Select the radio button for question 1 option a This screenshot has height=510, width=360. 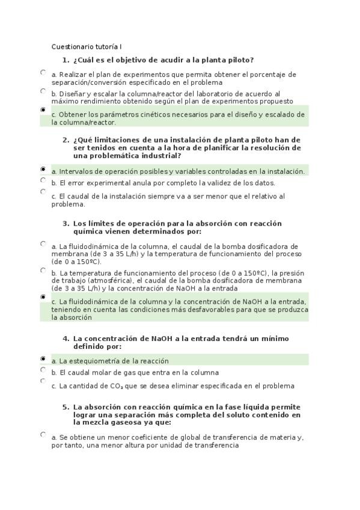coord(43,72)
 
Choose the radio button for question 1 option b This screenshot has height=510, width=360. coord(43,91)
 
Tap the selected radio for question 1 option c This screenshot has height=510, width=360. coord(43,111)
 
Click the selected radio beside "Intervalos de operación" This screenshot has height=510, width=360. coord(43,170)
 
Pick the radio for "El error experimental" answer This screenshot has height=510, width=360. coord(43,180)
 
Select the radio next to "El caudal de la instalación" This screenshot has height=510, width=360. coord(43,192)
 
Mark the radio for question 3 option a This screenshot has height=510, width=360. coord(43,244)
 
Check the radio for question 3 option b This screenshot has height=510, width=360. coord(43,270)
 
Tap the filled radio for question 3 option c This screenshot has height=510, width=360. coord(43,297)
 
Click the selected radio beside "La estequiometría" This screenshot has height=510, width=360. coord(43,358)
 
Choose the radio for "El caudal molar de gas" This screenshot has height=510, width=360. coord(43,370)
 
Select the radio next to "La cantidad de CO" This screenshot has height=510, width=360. coord(43,381)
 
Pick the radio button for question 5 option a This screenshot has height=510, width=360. coord(43,434)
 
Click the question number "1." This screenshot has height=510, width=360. coord(66,60)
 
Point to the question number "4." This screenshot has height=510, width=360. coord(66,339)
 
